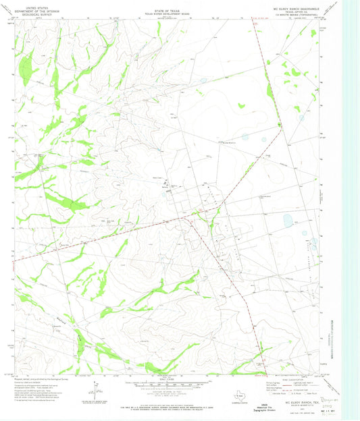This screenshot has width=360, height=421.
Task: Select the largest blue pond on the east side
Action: tap(289, 220)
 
